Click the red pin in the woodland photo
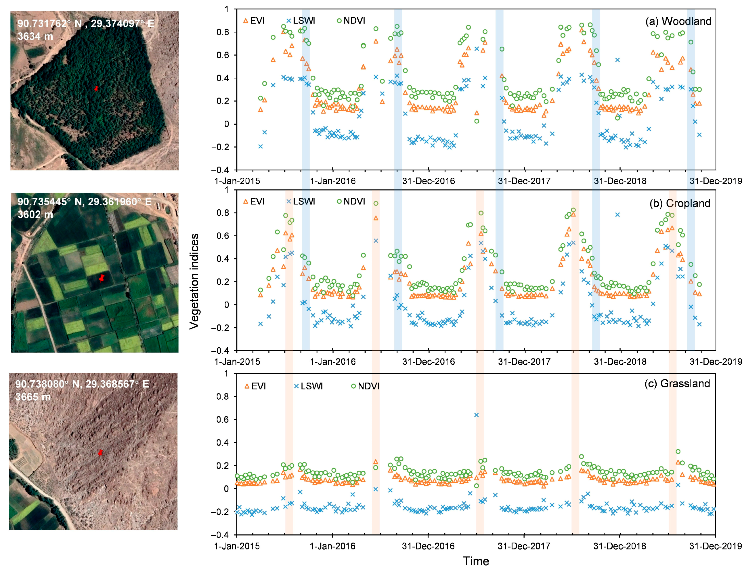click(x=97, y=88)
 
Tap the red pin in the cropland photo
click(x=101, y=278)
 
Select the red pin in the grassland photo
click(x=100, y=452)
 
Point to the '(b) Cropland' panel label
click(x=680, y=203)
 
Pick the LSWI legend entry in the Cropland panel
click(x=300, y=201)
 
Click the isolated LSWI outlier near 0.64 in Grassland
click(x=476, y=415)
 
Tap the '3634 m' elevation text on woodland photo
click(x=35, y=36)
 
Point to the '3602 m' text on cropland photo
click(x=35, y=214)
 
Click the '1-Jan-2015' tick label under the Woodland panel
click(x=237, y=181)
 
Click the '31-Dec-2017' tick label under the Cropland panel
click(x=524, y=362)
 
